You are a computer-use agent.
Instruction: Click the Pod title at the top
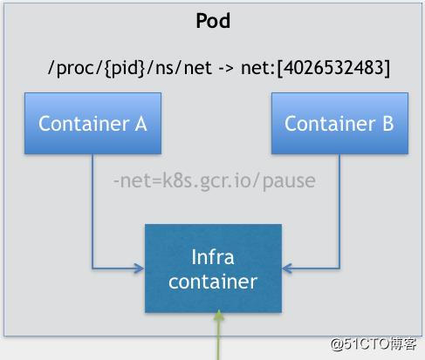tap(212, 21)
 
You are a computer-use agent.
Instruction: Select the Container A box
tap(93, 123)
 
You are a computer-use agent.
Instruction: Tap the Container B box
tap(339, 123)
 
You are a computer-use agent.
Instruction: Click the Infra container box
tap(213, 268)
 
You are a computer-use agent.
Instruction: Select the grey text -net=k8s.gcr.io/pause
tap(214, 181)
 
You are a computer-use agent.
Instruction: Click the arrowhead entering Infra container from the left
tap(140, 268)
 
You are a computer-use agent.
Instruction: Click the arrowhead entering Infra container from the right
tap(287, 268)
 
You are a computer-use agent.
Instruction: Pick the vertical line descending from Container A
tap(93, 209)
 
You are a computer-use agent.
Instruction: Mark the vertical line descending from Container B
tap(339, 209)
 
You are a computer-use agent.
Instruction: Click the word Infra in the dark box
tap(213, 257)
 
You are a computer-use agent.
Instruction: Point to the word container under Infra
tap(213, 282)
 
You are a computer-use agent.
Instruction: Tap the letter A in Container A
tap(141, 123)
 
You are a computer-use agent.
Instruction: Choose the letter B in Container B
tap(387, 123)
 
